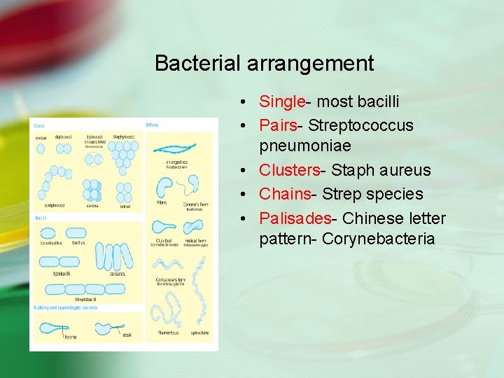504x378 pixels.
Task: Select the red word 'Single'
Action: click(281, 102)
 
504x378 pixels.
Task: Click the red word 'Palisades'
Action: click(296, 218)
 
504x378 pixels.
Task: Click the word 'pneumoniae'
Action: click(305, 148)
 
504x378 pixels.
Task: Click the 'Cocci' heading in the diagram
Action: click(39, 125)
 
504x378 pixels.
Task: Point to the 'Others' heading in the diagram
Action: click(153, 125)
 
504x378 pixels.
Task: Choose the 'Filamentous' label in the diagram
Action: click(169, 332)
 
